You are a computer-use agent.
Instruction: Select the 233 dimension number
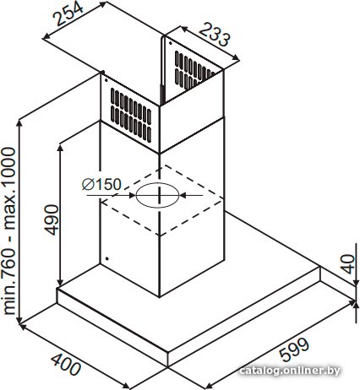[x=215, y=35]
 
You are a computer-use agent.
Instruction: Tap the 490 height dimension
[x=52, y=220]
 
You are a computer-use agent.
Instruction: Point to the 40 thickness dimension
[x=348, y=264]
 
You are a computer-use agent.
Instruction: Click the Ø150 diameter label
[x=101, y=184]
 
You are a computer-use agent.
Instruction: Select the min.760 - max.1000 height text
[x=9, y=231]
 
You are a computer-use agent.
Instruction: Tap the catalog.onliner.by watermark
[x=290, y=371]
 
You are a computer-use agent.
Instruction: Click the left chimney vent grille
[x=131, y=115]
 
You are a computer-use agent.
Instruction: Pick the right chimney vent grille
[x=193, y=70]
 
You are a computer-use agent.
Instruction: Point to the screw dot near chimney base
[x=106, y=258]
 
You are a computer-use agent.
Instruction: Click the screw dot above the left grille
[x=106, y=80]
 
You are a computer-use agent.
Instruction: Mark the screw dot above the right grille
[x=171, y=43]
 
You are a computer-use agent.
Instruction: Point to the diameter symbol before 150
[x=88, y=185]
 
